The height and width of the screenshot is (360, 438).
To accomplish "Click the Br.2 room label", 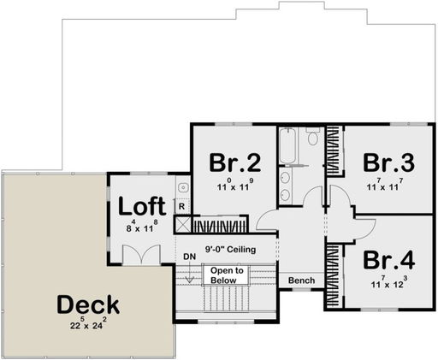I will (230, 162).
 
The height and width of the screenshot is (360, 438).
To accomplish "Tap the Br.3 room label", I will (383, 162).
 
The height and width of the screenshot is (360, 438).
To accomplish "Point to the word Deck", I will (88, 304).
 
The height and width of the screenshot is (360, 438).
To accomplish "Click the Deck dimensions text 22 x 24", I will (88, 324).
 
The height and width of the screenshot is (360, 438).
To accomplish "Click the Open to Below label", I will (228, 274).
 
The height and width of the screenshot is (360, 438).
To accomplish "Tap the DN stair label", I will (190, 256).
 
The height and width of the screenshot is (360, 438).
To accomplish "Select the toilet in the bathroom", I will (313, 137).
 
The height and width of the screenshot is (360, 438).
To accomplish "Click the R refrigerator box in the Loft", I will (181, 205).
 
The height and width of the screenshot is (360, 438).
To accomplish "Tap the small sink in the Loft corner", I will (182, 186).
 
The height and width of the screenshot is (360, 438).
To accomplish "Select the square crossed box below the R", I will (181, 224).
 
